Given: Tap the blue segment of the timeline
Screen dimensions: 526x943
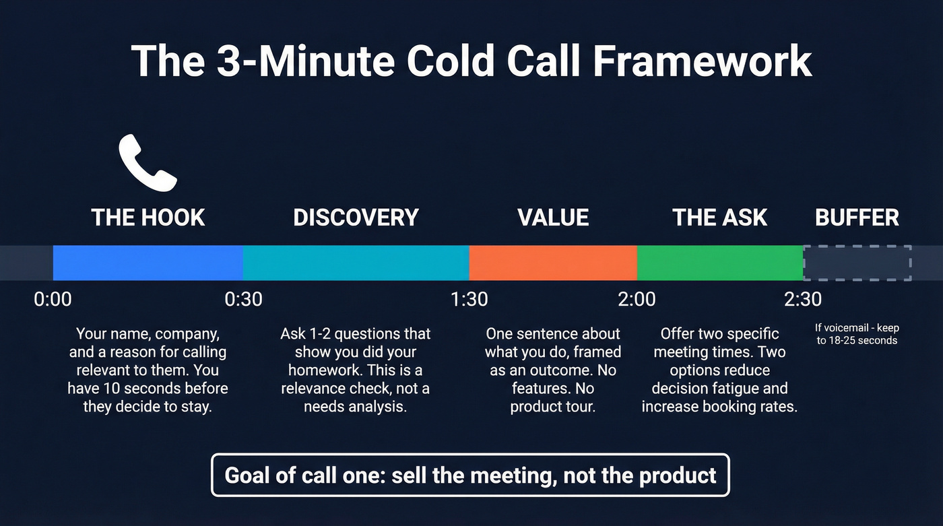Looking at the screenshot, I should pyautogui.click(x=148, y=263).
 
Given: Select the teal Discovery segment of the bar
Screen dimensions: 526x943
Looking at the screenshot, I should pyautogui.click(x=356, y=263).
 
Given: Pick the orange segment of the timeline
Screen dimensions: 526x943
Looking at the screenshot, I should pyautogui.click(x=552, y=263).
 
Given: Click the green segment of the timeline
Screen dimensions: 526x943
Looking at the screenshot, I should pyautogui.click(x=719, y=263).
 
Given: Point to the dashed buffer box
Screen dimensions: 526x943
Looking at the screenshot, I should pyautogui.click(x=857, y=263).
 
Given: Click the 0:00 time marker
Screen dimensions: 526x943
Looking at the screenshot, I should pyautogui.click(x=53, y=298).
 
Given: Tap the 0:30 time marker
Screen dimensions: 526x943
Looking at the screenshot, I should pyautogui.click(x=243, y=298).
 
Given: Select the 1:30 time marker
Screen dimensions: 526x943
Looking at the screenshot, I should pyautogui.click(x=469, y=298).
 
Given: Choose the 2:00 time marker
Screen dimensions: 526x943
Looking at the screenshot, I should pyautogui.click(x=637, y=298).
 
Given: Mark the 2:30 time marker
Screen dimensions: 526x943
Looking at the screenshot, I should pyautogui.click(x=803, y=298).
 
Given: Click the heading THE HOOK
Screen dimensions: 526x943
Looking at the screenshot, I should pyautogui.click(x=148, y=218).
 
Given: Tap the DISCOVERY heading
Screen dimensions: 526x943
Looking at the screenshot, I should pyautogui.click(x=356, y=218).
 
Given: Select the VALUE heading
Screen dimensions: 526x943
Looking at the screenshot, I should pyautogui.click(x=553, y=218).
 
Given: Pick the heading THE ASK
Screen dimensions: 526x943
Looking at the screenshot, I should pyautogui.click(x=719, y=218).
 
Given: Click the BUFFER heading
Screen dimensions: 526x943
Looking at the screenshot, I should pyautogui.click(x=857, y=218).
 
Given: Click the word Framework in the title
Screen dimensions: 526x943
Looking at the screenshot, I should pyautogui.click(x=703, y=61).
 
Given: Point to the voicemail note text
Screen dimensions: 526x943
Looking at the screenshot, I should pyautogui.click(x=857, y=334).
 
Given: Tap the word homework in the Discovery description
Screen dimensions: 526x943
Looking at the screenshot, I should pyautogui.click(x=324, y=370).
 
